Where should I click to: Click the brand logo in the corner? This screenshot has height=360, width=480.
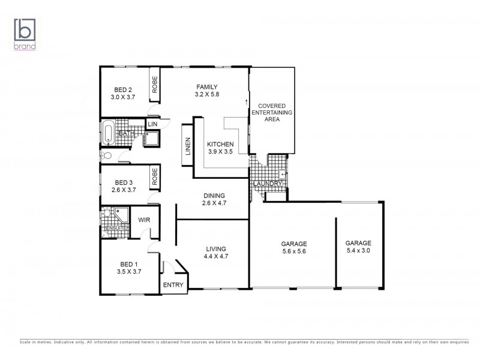tap(25, 33)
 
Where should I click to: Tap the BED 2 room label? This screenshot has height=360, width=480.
tap(122, 93)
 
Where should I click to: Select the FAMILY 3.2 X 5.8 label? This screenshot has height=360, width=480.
tap(206, 90)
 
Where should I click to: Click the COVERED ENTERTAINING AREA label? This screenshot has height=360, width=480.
tap(272, 112)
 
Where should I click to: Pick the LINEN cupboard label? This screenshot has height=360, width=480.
tap(188, 147)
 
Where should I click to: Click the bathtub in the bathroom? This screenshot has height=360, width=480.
tap(108, 133)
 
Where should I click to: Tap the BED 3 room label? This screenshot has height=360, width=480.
tap(124, 186)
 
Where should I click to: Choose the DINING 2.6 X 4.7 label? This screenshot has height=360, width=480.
tap(214, 199)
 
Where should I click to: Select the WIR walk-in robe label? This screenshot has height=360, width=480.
tap(144, 220)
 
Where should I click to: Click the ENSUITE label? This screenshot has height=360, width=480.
tap(115, 229)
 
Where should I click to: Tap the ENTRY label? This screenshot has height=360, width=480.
tap(173, 285)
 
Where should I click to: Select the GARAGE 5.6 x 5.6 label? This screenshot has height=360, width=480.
tap(294, 248)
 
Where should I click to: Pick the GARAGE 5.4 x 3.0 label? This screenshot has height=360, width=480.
tap(358, 247)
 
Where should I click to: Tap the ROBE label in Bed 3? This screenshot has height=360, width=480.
tap(154, 176)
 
